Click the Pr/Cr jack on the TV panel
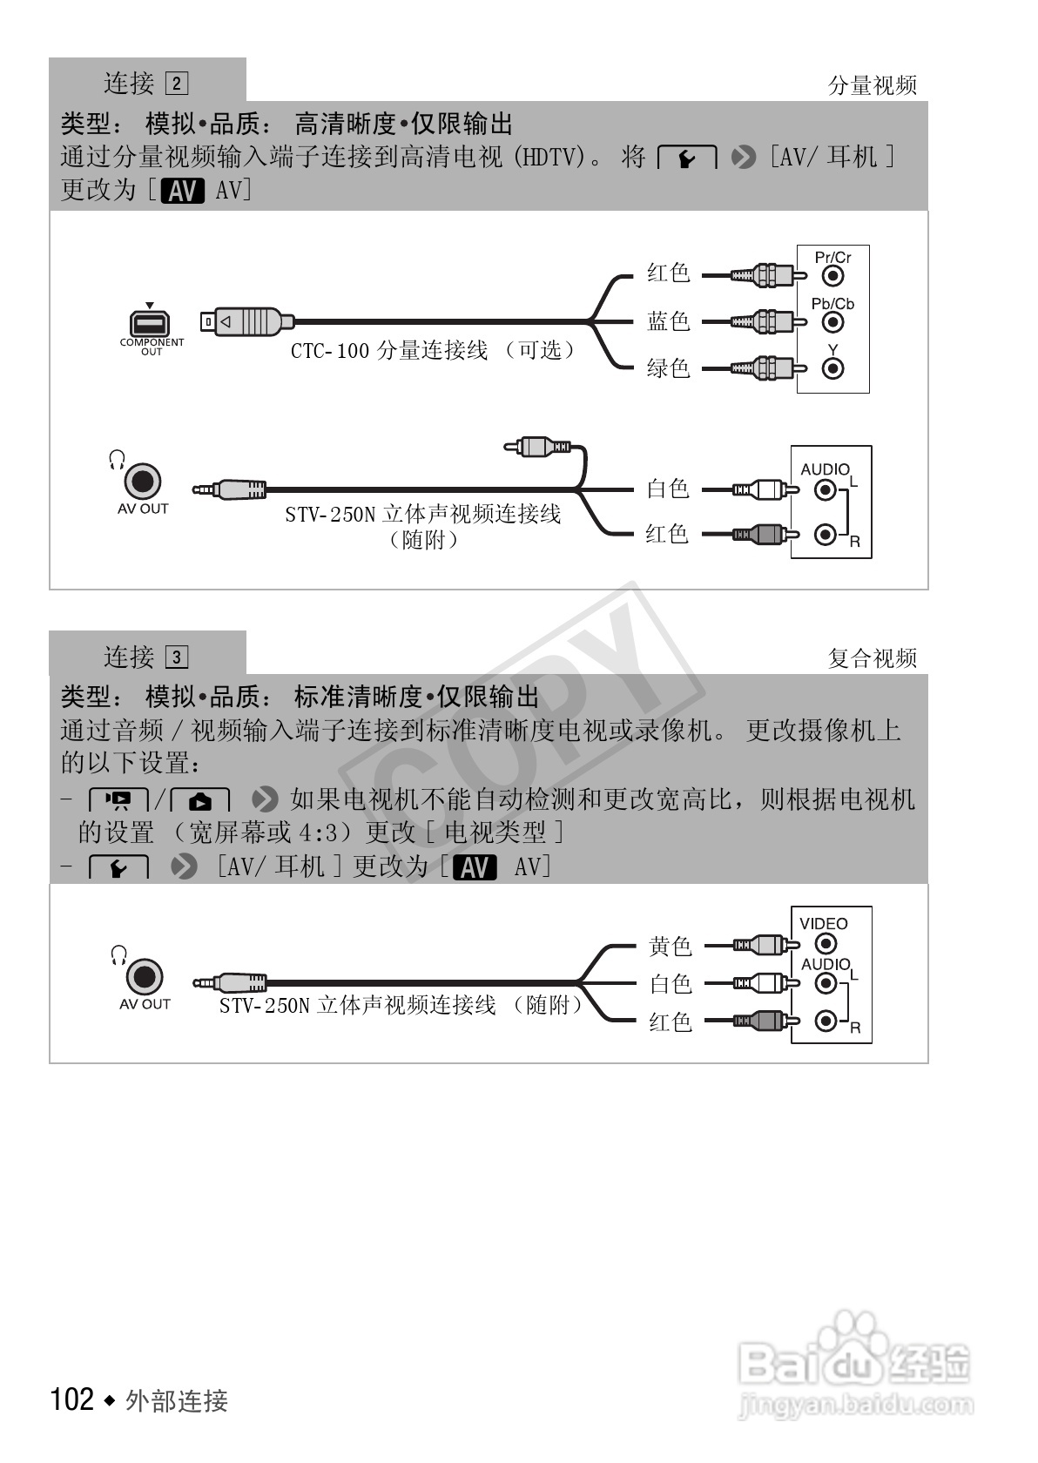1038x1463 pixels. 833,276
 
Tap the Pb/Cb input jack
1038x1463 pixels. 833,322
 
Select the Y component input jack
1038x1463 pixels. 833,368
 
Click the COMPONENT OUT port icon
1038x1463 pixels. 151,323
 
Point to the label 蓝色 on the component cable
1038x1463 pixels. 668,321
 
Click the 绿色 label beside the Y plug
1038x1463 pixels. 668,368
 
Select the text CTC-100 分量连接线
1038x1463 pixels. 388,350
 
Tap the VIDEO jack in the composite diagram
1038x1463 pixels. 826,943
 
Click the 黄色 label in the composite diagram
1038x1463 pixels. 670,945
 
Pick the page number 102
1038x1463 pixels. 72,1399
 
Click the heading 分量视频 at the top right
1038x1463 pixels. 872,85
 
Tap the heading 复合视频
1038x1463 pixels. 872,658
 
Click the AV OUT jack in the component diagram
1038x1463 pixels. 143,481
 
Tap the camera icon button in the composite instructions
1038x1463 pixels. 200,799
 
